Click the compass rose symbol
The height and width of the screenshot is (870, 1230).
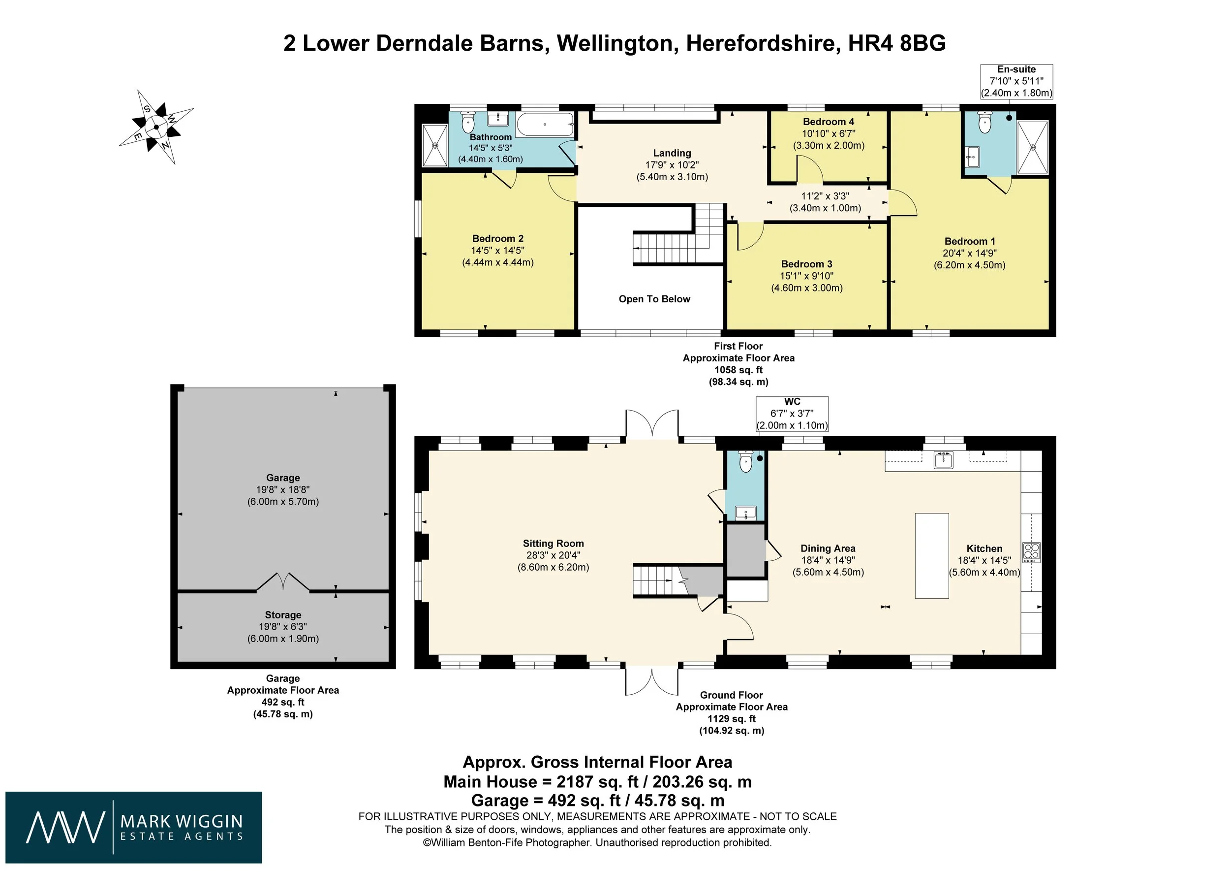(156, 127)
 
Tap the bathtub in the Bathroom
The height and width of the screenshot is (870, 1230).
(545, 125)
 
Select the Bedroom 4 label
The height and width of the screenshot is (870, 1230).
(828, 122)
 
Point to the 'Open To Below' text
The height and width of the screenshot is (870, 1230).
(654, 299)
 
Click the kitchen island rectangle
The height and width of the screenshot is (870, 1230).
(932, 555)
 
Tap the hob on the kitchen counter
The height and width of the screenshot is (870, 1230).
(1032, 552)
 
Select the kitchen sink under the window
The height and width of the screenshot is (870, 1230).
(943, 460)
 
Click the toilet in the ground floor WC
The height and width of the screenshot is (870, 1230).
(745, 461)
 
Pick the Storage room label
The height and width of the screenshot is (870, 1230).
(283, 615)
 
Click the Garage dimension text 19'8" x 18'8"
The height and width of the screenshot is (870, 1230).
(283, 489)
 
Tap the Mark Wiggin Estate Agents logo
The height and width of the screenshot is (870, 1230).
(133, 827)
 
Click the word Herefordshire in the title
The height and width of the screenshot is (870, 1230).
(762, 43)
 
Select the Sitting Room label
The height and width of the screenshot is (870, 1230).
(553, 544)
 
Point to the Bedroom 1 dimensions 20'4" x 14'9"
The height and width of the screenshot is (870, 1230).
(970, 253)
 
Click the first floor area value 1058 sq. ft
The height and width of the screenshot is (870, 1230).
(738, 370)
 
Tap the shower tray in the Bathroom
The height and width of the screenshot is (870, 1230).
(435, 145)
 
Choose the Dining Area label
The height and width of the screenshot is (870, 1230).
(828, 548)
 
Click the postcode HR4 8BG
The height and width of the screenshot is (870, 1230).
(897, 43)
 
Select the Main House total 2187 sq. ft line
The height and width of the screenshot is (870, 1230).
(597, 781)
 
